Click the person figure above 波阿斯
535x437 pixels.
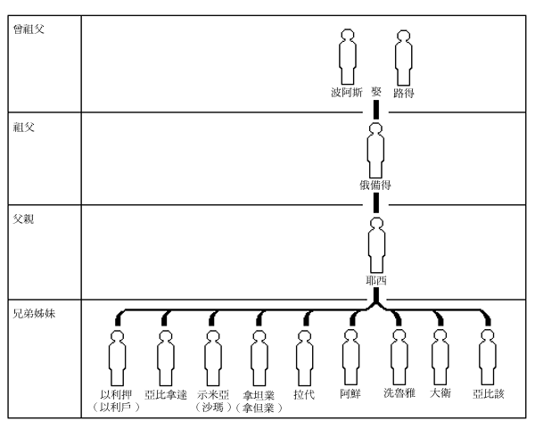pyautogui.click(x=347, y=55)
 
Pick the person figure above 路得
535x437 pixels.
pyautogui.click(x=405, y=55)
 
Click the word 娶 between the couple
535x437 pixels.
pyautogui.click(x=376, y=92)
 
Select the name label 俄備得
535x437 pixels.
pyautogui.click(x=376, y=185)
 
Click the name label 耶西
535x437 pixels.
pyautogui.click(x=376, y=279)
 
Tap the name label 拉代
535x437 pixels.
pyautogui.click(x=305, y=393)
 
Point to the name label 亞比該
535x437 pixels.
pyautogui.click(x=488, y=393)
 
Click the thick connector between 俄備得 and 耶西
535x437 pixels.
pyautogui.click(x=376, y=202)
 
